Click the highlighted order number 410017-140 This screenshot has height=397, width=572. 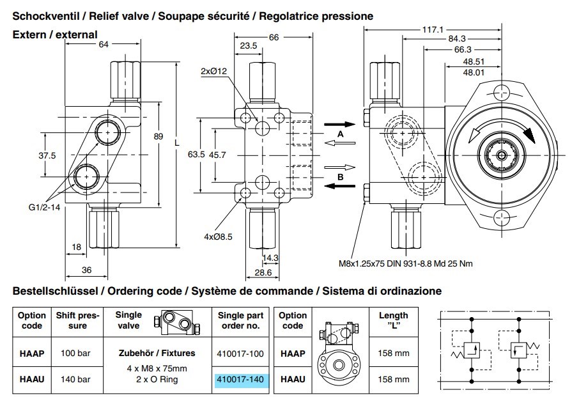coord(240,379)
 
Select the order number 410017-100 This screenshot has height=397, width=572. coord(240,352)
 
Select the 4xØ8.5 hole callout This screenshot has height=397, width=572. coord(218,237)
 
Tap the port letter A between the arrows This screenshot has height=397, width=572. coord(341,136)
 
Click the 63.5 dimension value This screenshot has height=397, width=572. coord(196,155)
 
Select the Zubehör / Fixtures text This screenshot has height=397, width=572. coord(152,352)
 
